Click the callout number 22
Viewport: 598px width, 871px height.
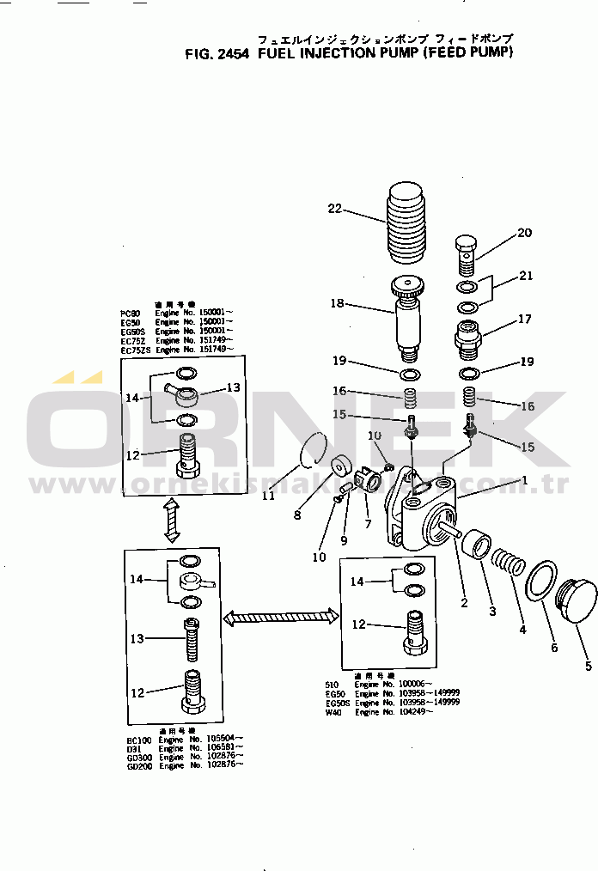334,208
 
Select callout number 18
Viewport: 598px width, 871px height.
336,303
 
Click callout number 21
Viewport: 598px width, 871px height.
525,276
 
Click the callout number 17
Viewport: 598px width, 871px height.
524,320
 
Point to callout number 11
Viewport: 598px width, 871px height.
268,495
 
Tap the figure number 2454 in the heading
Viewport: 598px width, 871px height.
232,52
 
